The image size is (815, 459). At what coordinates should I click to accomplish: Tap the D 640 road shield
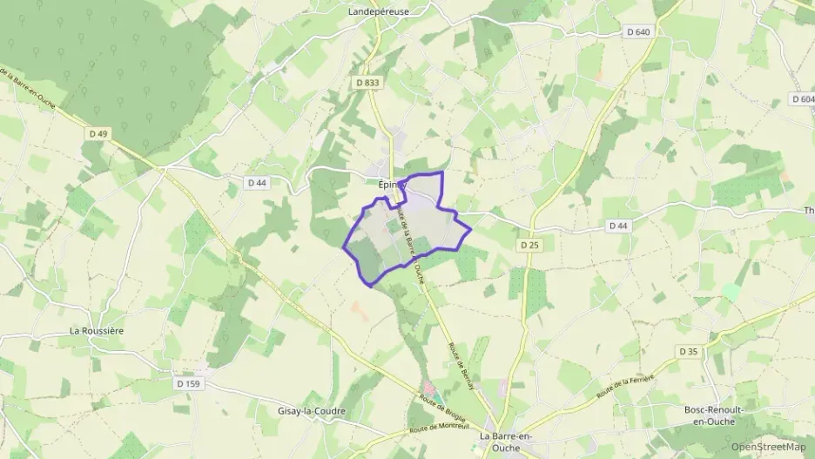click(638, 32)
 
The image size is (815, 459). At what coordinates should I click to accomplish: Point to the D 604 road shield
click(803, 99)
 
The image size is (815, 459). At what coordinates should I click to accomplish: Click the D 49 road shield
click(98, 133)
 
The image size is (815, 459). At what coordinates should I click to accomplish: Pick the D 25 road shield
click(529, 245)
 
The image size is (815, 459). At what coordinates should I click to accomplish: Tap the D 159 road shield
click(188, 383)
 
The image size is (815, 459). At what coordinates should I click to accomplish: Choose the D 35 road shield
click(688, 352)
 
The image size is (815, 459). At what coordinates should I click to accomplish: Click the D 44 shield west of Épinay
click(256, 182)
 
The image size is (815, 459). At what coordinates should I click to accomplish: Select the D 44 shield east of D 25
click(618, 226)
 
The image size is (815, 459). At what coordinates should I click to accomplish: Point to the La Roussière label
click(98, 331)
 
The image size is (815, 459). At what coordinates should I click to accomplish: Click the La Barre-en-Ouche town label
click(512, 441)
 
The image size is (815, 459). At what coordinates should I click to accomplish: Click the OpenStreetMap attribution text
click(768, 447)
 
